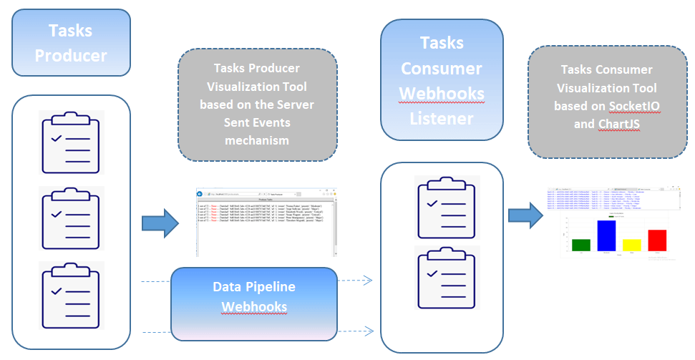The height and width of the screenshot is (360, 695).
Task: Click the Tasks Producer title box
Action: (71, 43)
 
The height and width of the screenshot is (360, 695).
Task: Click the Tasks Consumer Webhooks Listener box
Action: (442, 79)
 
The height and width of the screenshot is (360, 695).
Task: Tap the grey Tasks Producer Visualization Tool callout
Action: (257, 104)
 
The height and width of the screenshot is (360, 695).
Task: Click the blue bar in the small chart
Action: (607, 236)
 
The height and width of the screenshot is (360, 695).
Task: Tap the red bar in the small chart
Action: (657, 240)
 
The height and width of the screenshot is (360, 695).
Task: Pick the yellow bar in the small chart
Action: (632, 245)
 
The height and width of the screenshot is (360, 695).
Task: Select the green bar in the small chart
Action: (581, 245)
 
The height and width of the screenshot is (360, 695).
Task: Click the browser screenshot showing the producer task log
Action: (266, 222)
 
